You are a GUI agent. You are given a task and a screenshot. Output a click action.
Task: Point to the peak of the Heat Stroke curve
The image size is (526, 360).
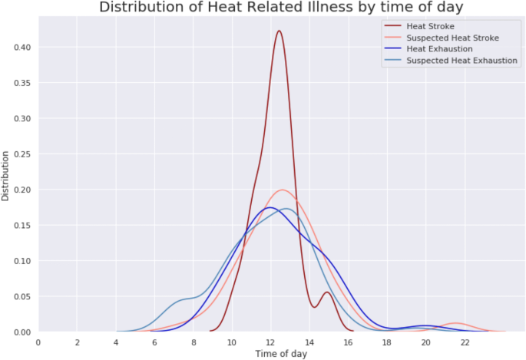tap(279, 31)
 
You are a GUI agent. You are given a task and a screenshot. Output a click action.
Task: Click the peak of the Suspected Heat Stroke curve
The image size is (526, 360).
tap(283, 190)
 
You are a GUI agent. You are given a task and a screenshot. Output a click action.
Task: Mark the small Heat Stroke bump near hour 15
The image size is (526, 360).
tap(327, 292)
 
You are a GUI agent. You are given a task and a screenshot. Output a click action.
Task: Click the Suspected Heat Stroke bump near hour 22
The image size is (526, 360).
tap(456, 323)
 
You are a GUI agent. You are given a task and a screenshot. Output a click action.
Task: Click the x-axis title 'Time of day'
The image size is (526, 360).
tap(281, 354)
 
